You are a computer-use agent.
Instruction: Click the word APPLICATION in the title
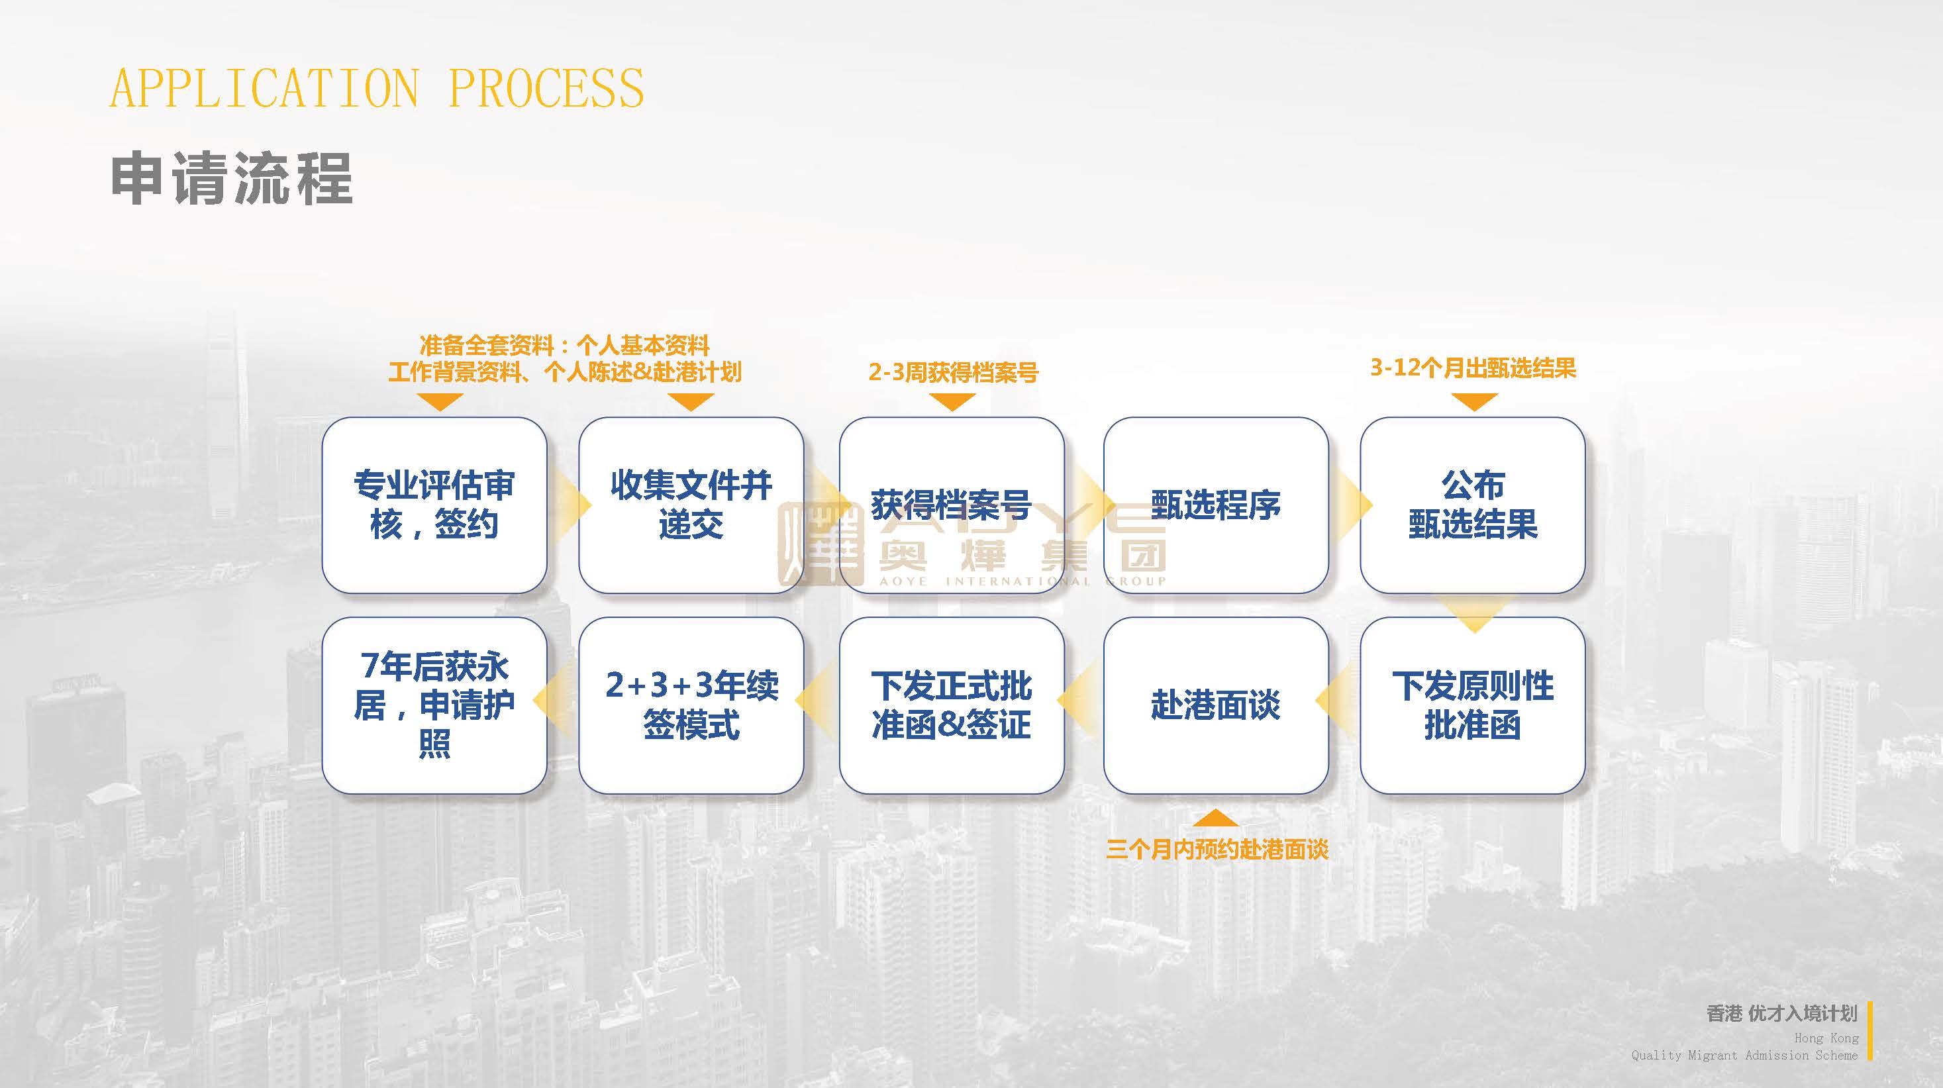pos(264,88)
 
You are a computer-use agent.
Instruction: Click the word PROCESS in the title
pos(546,88)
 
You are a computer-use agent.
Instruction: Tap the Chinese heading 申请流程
pos(232,179)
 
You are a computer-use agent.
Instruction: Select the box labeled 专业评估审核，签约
pos(434,505)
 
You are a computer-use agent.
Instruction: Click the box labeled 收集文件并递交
pos(691,505)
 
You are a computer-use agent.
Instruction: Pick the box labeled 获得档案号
pos(951,505)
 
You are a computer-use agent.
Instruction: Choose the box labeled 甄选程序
pos(1215,505)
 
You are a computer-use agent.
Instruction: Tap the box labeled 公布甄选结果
pos(1472,505)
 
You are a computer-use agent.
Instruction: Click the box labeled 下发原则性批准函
pos(1472,705)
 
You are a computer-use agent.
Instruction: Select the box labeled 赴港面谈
pos(1215,705)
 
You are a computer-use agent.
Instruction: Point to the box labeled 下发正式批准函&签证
pos(951,705)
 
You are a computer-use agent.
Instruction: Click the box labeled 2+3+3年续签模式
pos(691,705)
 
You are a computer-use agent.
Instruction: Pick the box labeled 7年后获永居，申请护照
pos(434,705)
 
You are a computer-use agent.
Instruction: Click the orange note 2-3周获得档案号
pos(953,372)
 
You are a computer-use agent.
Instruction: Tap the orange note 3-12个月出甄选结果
pos(1473,368)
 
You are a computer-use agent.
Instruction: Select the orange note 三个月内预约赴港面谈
pos(1217,850)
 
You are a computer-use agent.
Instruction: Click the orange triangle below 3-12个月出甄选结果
pos(1474,402)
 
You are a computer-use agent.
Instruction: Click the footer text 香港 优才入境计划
pos(1781,1013)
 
